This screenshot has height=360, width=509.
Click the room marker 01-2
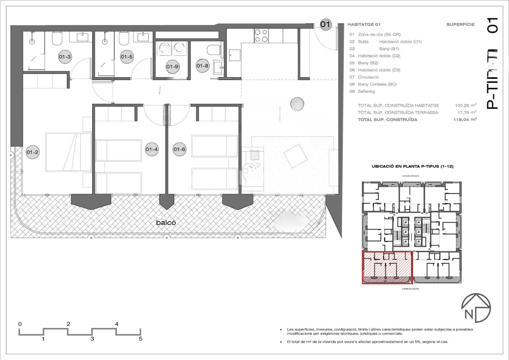click(33, 152)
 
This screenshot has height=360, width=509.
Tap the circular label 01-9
click(173, 66)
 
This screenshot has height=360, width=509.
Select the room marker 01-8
click(202, 66)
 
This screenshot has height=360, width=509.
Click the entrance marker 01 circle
click(325, 24)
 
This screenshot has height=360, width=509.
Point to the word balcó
click(166, 223)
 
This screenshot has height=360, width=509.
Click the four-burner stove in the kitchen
click(261, 36)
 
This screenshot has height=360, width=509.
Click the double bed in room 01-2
click(68, 152)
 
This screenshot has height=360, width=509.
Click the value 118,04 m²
click(466, 119)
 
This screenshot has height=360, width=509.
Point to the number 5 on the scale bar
click(140, 339)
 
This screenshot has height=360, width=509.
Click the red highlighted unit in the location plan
click(387, 267)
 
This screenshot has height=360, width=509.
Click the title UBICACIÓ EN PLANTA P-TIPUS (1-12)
click(412, 166)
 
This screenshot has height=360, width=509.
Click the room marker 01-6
click(179, 150)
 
